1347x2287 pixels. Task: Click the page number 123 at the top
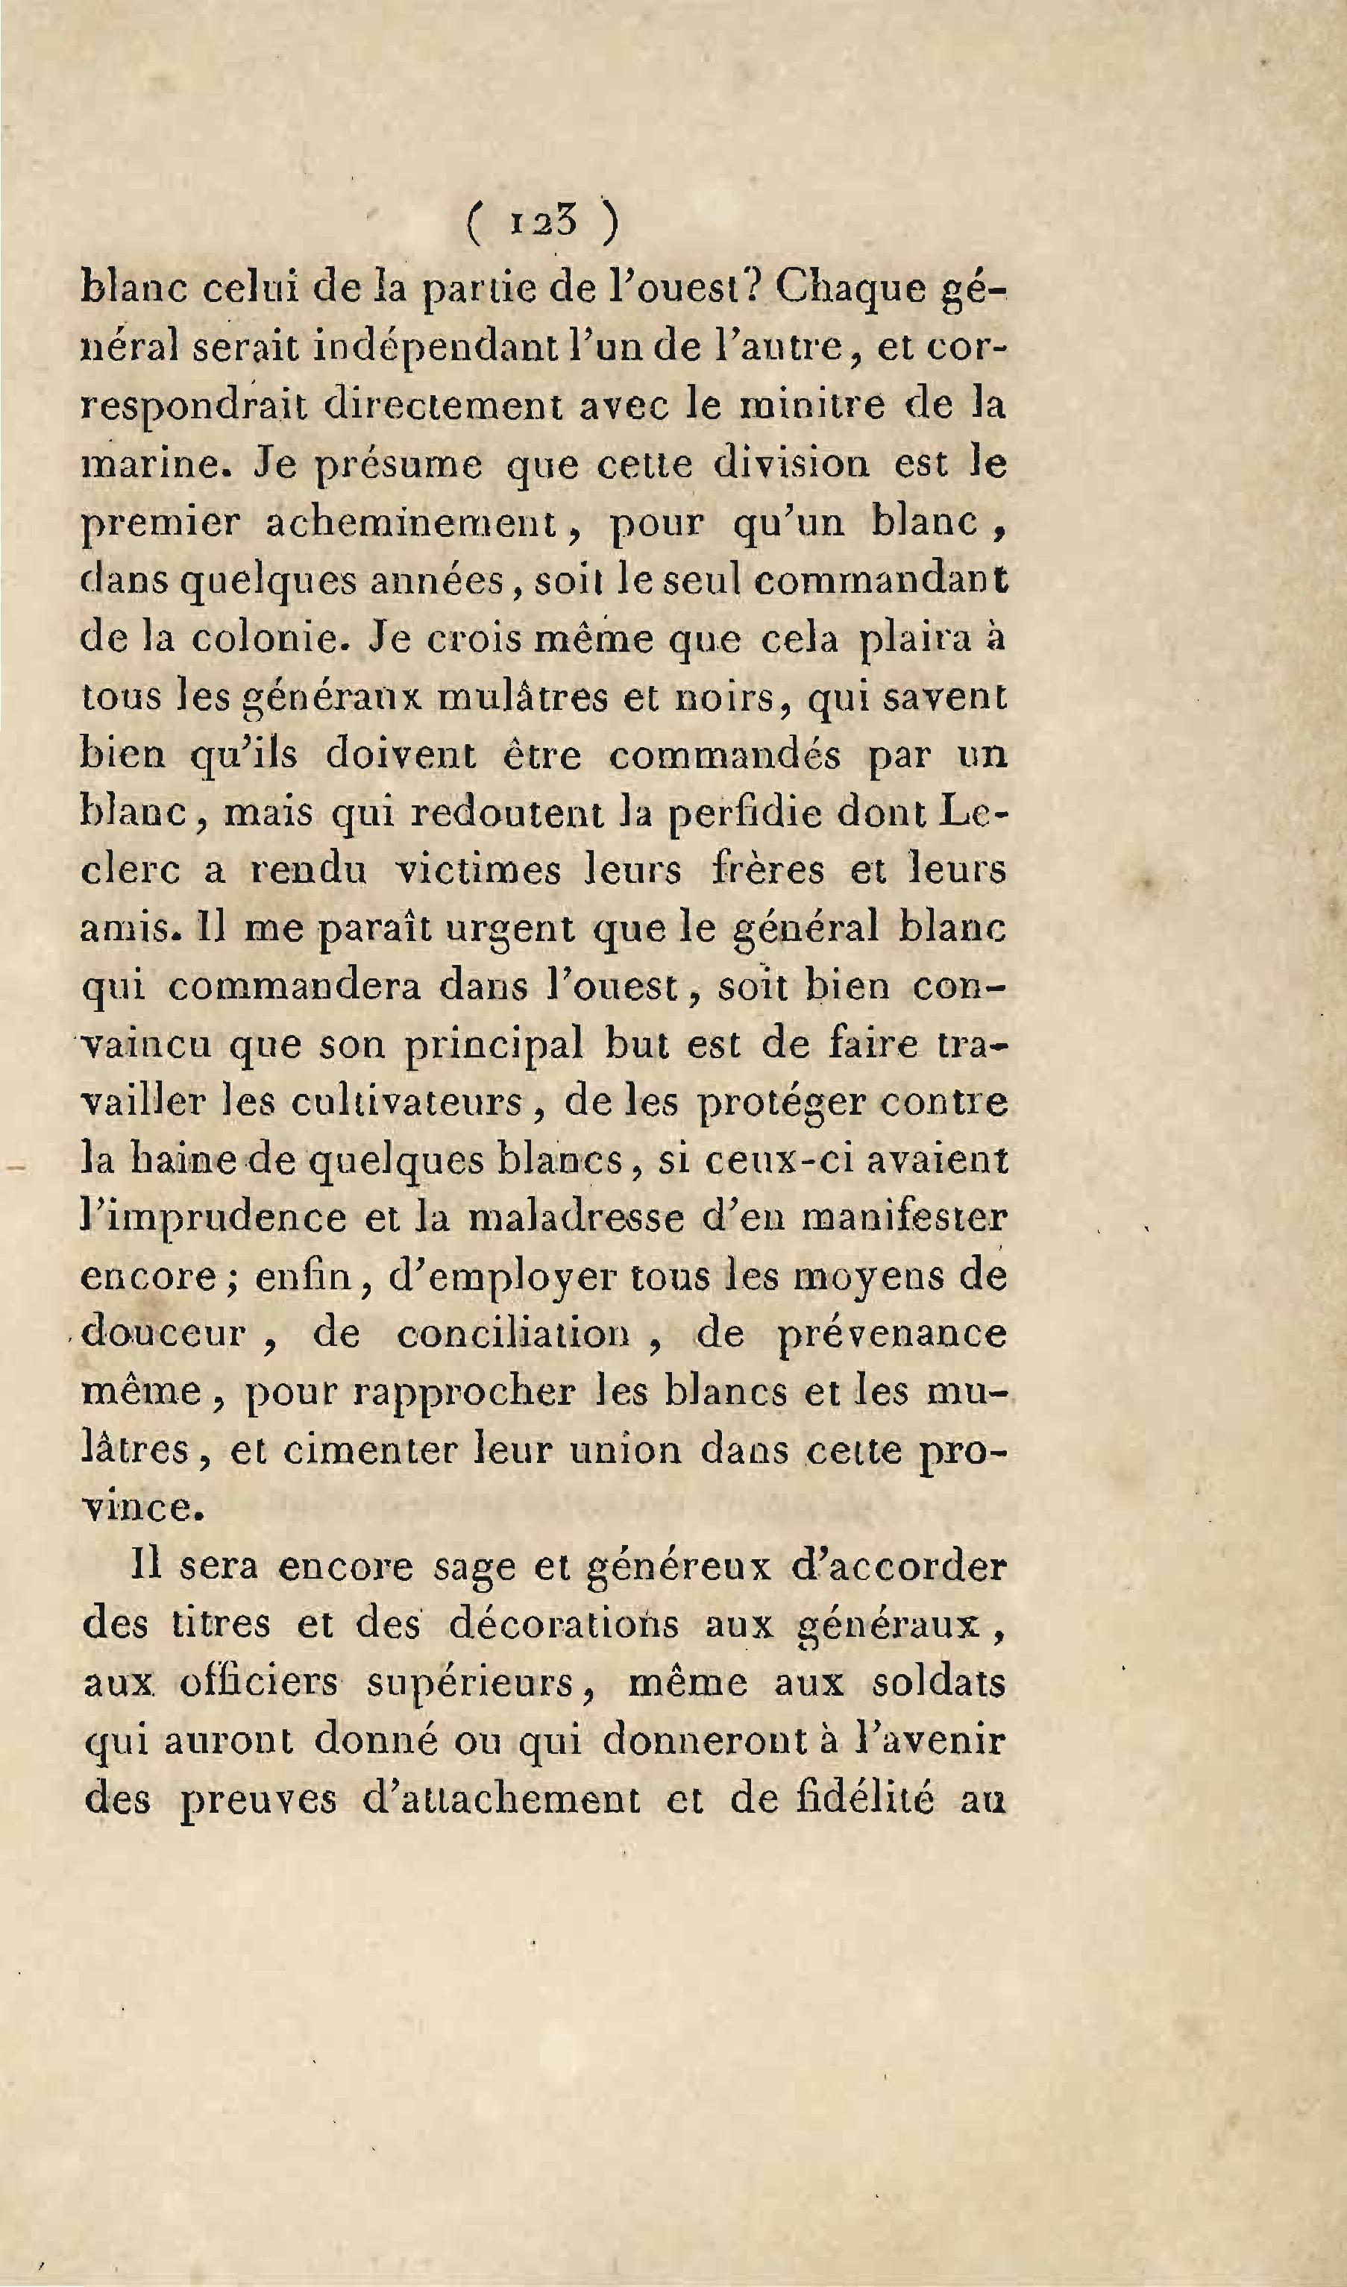544,222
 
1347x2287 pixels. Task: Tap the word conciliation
513,1334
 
